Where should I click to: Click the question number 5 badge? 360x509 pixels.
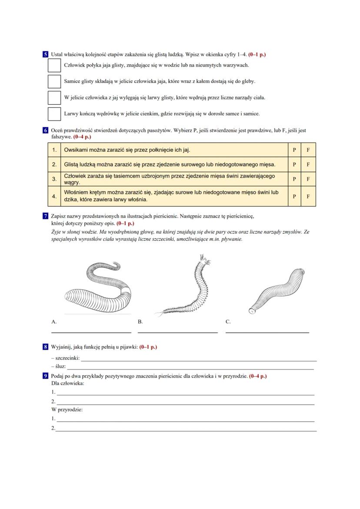45,54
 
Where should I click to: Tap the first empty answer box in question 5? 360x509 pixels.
54,65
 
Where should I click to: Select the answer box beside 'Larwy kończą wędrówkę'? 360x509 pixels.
54,113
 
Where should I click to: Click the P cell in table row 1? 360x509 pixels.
294,150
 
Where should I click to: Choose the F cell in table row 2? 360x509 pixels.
308,165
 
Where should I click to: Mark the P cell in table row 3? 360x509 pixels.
294,179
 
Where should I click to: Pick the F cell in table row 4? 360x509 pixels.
308,196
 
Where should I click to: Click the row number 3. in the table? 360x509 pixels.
54,179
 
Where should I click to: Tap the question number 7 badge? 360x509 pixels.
45,216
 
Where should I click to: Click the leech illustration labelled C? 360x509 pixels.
278,289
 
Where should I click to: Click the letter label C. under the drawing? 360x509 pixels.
228,322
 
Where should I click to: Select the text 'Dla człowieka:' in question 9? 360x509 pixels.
67,383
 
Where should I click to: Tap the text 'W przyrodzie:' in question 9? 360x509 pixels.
67,409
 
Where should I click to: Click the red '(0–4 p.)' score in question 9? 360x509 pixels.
258,376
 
